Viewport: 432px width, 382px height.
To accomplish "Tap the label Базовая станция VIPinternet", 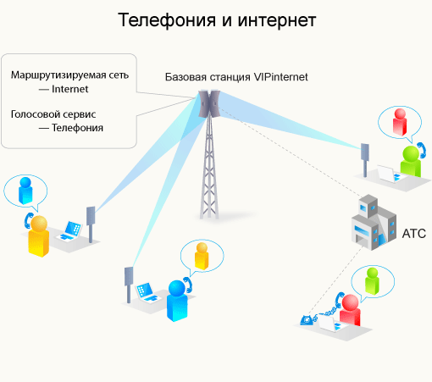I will (x=236, y=76).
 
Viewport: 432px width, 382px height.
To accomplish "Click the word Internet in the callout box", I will (x=70, y=88).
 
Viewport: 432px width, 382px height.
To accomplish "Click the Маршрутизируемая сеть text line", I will (x=69, y=75).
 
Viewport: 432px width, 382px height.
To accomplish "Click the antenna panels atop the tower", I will (x=209, y=104).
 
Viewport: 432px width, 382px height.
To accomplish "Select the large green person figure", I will (x=411, y=161).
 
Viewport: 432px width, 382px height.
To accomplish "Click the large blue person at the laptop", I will (x=176, y=302).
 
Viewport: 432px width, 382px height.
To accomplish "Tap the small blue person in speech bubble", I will (x=25, y=187).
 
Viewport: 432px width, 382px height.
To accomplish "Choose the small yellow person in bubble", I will (x=202, y=255).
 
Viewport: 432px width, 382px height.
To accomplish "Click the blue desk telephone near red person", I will (x=308, y=319).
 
